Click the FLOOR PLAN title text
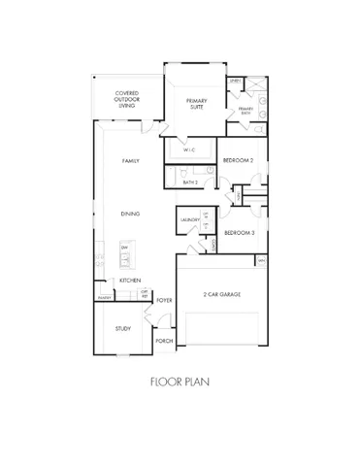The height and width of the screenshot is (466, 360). [x=180, y=383]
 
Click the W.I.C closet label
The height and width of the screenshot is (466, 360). [x=191, y=150]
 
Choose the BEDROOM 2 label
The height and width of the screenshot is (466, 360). [x=238, y=159]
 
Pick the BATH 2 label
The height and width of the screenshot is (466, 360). [x=191, y=182]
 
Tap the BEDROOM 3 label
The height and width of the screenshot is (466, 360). [x=239, y=234]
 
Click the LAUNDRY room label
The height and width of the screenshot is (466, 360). [x=190, y=220]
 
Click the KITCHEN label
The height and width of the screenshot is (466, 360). [x=130, y=281]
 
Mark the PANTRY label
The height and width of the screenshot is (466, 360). [x=102, y=297]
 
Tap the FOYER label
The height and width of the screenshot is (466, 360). [x=165, y=300]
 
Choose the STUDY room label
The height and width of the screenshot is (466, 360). [x=122, y=329]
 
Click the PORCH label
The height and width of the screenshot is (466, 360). [x=165, y=342]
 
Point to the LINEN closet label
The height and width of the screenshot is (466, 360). [x=236, y=82]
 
